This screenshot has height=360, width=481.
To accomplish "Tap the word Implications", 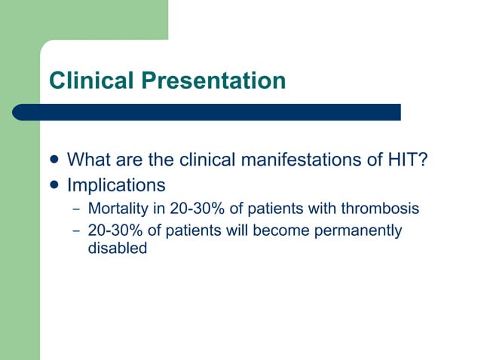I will tap(116, 185).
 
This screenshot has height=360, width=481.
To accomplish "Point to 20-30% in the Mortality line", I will tap(188, 208).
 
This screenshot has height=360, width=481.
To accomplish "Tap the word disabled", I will tap(117, 248).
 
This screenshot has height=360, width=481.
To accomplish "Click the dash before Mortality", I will tap(75, 208).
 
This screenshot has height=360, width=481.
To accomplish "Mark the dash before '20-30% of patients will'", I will tap(75, 230).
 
